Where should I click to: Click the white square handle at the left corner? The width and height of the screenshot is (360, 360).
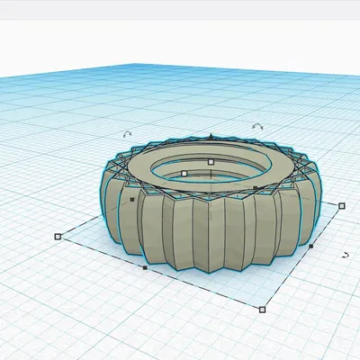pos(58,237)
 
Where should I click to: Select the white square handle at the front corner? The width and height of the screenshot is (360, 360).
pos(262,310)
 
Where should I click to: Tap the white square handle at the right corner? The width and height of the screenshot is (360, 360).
pos(342,205)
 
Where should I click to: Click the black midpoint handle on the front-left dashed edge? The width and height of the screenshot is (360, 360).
pos(145,267)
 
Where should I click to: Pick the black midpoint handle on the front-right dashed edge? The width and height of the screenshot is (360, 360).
pos(311,245)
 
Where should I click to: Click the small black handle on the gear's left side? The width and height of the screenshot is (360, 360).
pos(132,199)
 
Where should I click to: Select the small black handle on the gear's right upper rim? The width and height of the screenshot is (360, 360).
pos(256,188)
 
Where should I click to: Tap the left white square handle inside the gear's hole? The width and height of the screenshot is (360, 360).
pos(184,173)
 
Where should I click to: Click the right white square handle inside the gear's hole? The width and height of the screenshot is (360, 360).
pos(211,162)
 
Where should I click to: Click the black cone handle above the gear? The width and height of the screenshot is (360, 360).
pos(210,137)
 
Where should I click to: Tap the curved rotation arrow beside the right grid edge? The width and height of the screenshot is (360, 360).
pos(346,256)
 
